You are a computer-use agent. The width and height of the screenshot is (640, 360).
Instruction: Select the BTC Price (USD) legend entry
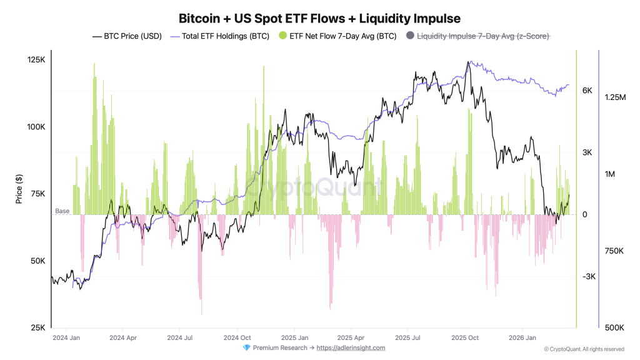(x=129, y=36)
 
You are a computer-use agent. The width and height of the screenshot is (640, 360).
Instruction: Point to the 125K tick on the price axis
(x=36, y=60)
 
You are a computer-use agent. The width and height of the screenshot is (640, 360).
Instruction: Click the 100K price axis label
(x=36, y=127)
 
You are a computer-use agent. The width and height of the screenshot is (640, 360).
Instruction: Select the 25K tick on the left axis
(x=38, y=327)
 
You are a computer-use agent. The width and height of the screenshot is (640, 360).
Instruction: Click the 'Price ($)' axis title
(x=19, y=189)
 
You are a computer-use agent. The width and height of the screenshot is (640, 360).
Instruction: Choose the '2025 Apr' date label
(x=350, y=337)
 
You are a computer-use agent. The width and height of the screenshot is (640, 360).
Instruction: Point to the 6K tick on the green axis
(x=587, y=91)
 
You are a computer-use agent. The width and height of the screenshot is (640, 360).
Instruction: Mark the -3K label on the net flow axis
(x=589, y=277)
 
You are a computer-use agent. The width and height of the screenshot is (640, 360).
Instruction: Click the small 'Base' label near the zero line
(x=62, y=211)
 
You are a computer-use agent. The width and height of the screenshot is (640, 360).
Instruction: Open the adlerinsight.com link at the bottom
(x=351, y=348)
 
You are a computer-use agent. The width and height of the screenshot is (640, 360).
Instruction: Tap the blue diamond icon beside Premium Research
(x=246, y=348)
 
